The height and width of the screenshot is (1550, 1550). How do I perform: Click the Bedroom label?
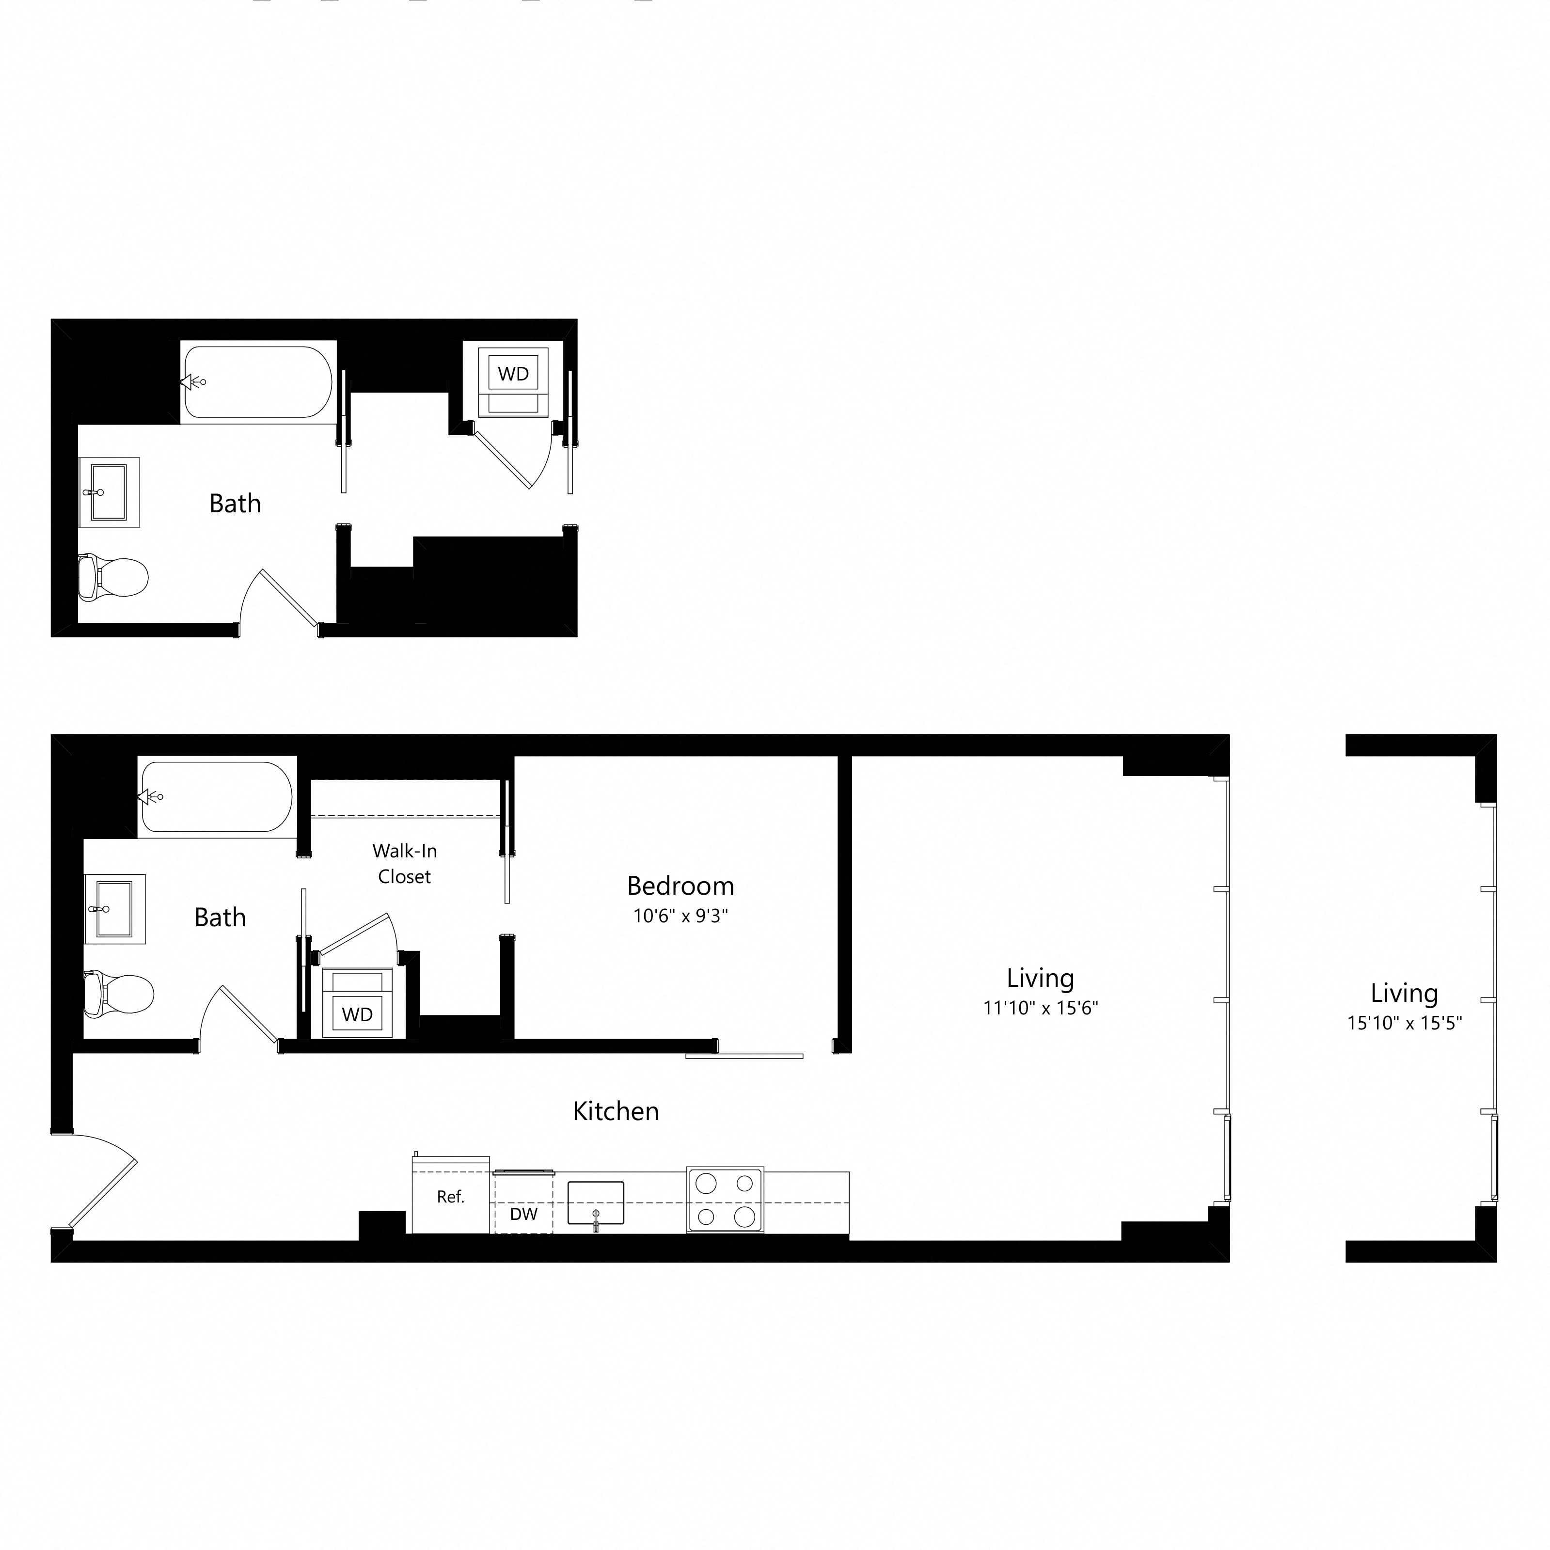[x=680, y=886]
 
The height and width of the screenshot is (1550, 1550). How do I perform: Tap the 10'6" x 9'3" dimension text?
[x=680, y=916]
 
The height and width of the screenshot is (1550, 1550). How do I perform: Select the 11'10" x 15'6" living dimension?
[x=1041, y=1008]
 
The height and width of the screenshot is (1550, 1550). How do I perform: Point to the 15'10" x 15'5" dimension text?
[x=1405, y=1023]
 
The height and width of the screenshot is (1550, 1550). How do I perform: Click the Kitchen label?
[x=616, y=1111]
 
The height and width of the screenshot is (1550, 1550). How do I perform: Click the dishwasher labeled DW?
[x=523, y=1214]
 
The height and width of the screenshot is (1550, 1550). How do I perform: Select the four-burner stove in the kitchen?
[x=725, y=1200]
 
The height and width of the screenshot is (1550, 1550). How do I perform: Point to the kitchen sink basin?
[x=595, y=1202]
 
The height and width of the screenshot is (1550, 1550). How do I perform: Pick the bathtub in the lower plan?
[x=217, y=797]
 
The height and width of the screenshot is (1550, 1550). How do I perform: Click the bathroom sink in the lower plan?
[x=115, y=908]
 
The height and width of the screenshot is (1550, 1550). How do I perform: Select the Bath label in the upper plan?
[x=235, y=503]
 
